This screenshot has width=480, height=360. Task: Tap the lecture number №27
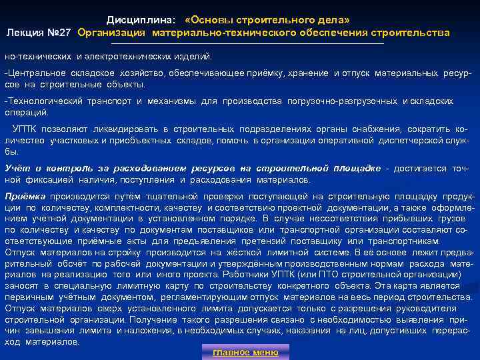pyautogui.click(x=61, y=32)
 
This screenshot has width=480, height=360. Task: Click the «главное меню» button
pyautogui.click(x=245, y=352)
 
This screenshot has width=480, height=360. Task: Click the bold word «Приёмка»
pyautogui.click(x=25, y=197)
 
